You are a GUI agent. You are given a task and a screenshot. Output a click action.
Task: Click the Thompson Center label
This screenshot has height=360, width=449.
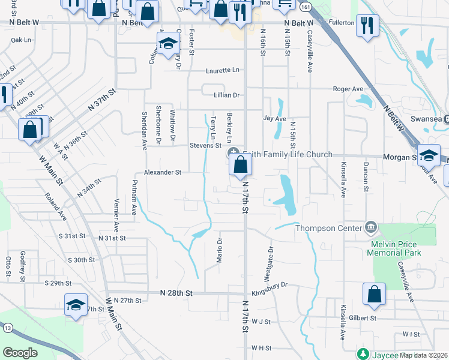click(328, 227)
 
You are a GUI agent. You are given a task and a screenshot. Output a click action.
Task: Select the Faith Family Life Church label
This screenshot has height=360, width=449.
click(286, 155)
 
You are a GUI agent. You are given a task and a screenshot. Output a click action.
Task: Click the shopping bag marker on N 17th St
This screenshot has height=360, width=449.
click(240, 165)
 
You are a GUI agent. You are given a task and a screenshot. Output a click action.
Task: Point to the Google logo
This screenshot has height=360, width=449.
click(20, 352)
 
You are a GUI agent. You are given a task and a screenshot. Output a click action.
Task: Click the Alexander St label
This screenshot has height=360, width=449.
click(162, 172)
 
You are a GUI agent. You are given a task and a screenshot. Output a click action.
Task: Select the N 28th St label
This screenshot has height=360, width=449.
click(176, 293)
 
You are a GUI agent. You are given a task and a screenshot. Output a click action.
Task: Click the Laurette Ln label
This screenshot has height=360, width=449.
click(222, 70)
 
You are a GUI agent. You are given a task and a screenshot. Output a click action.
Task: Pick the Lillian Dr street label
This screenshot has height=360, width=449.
click(227, 95)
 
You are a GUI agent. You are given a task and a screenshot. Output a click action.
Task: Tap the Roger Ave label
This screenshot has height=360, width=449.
click(349, 89)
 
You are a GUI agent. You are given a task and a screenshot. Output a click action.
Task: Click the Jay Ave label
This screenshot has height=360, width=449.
click(275, 119)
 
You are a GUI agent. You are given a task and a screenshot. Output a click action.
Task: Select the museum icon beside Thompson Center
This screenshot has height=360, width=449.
click(371, 227)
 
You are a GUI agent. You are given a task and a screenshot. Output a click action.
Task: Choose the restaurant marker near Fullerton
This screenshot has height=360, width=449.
click(366, 26)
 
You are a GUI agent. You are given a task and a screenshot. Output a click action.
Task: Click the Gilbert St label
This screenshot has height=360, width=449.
click(364, 318)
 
